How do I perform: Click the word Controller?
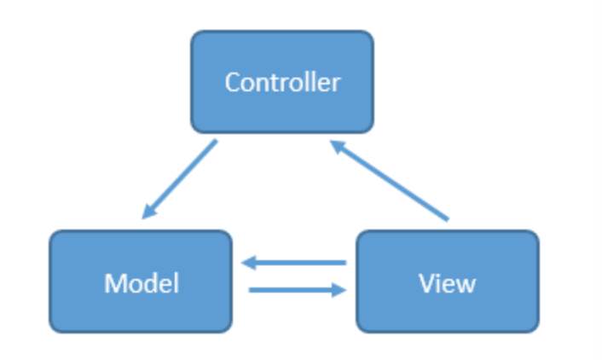point(281,83)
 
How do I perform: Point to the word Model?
point(142,283)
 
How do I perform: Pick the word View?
point(447,283)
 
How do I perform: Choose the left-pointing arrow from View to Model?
point(294,264)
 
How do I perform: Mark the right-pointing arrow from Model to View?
point(297,290)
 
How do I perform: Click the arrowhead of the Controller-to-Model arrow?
point(148,212)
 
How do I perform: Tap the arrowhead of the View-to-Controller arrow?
point(336,147)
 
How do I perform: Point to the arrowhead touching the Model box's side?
point(248,264)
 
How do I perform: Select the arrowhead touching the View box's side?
point(340,290)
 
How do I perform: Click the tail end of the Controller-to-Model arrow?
point(215,142)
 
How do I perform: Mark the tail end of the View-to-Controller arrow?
point(447,220)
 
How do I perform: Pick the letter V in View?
point(425,283)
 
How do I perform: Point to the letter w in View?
point(466,284)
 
